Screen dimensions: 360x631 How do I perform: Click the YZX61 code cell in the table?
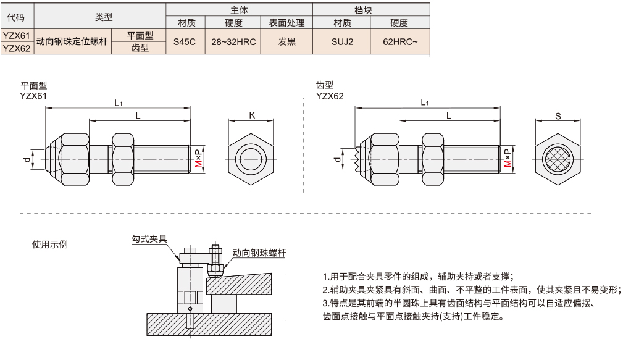pyautogui.click(x=17, y=36)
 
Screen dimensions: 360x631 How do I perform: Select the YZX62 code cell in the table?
pyautogui.click(x=17, y=48)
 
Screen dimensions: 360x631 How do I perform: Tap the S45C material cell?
pyautogui.click(x=184, y=42)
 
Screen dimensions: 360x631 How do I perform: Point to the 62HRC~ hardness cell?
pyautogui.click(x=400, y=42)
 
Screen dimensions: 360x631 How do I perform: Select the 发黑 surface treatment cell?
pyautogui.click(x=286, y=42)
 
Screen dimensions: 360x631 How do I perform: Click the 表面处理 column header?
pyautogui.click(x=286, y=23)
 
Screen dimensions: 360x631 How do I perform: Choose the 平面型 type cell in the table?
pyautogui.click(x=140, y=36)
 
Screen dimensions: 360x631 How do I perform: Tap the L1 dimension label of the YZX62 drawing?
pyautogui.click(x=425, y=102)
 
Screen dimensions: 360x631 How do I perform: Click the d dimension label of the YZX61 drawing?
pyautogui.click(x=26, y=160)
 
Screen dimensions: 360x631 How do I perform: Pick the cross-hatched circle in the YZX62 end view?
pyautogui.click(x=558, y=159)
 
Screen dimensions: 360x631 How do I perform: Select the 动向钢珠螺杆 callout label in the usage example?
pyautogui.click(x=259, y=253)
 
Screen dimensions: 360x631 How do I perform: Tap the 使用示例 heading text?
pyautogui.click(x=50, y=244)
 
